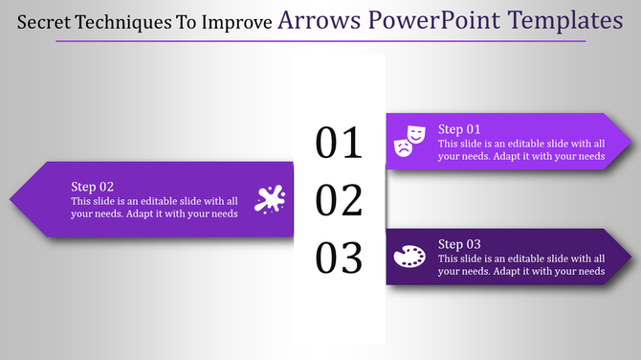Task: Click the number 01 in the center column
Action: [339, 143]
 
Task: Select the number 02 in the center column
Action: [339, 201]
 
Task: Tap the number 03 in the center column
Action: [339, 259]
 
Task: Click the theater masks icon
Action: [409, 141]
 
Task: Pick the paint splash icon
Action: [270, 198]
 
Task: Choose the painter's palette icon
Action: [409, 257]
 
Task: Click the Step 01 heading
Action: [459, 128]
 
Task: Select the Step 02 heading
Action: [93, 187]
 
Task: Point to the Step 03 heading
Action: [459, 244]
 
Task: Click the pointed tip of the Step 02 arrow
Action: [12, 200]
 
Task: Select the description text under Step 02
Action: [154, 207]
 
